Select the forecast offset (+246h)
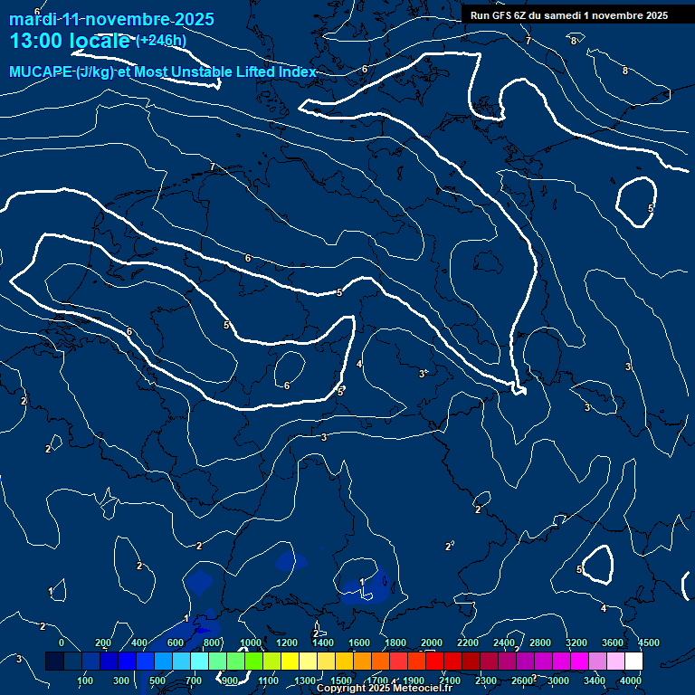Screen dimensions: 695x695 point(161,41)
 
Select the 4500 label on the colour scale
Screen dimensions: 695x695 point(648,643)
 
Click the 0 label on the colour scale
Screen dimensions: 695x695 point(62,643)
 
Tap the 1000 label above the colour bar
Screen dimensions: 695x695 point(251,643)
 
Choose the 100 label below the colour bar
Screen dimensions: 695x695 point(86,681)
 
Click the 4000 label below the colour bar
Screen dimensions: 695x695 point(632,681)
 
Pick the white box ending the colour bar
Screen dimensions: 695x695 point(633,662)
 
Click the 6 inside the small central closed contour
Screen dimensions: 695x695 point(287,386)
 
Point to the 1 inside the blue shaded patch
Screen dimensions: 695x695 point(362,582)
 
